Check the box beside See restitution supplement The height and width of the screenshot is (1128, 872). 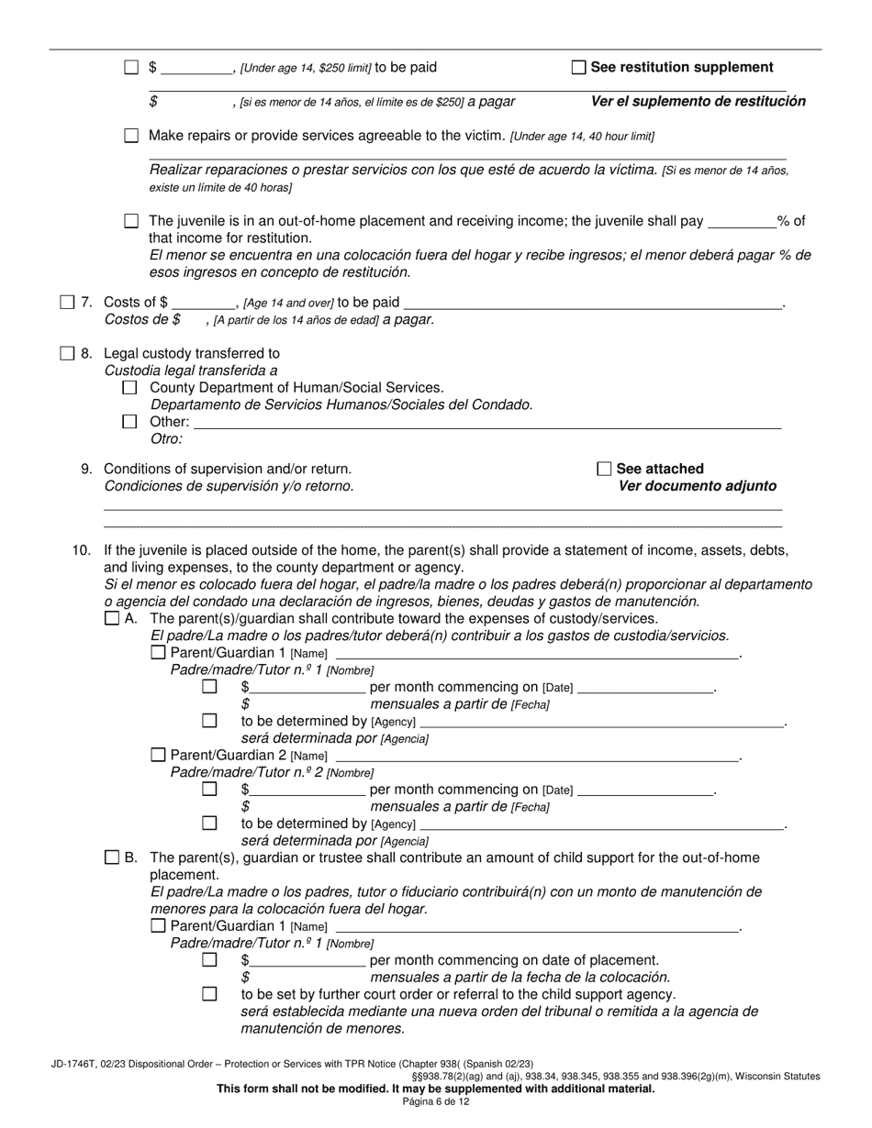pyautogui.click(x=578, y=67)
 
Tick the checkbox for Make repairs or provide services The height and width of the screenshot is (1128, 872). pyautogui.click(x=131, y=136)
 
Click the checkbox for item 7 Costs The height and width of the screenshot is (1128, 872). pyautogui.click(x=67, y=302)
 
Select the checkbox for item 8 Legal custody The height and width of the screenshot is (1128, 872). pyautogui.click(x=67, y=353)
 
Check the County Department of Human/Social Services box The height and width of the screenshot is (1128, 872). pyautogui.click(x=129, y=388)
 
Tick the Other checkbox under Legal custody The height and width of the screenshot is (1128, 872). pyautogui.click(x=129, y=422)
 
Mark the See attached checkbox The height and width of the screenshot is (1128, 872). pyautogui.click(x=604, y=469)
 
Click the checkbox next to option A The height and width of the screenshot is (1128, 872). pyautogui.click(x=112, y=618)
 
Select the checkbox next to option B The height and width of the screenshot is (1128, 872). pyautogui.click(x=112, y=857)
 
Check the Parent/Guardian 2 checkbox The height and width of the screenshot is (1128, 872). pyautogui.click(x=158, y=755)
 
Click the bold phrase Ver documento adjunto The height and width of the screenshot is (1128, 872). pyautogui.click(x=697, y=486)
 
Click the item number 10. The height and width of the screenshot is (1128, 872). pyautogui.click(x=82, y=550)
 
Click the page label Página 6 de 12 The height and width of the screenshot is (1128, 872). pyautogui.click(x=435, y=1102)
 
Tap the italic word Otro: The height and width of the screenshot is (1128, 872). pyautogui.click(x=166, y=439)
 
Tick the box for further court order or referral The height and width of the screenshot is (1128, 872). pyautogui.click(x=209, y=994)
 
